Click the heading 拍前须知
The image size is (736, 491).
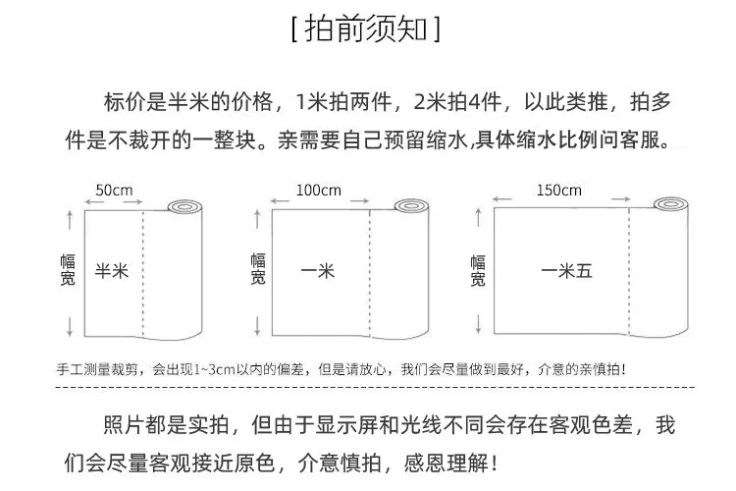pos(366,29)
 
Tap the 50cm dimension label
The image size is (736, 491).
pos(114,191)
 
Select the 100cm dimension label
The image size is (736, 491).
pos(318,191)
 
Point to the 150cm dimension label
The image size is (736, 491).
pos(559,191)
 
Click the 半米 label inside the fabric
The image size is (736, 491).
pos(112,271)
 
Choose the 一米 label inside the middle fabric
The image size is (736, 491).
pos(318,271)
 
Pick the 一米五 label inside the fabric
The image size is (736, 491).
pos(566,271)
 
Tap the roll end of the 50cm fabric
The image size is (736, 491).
pos(184,207)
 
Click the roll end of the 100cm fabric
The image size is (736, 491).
pos(411,206)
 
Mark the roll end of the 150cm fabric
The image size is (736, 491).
pos(671,204)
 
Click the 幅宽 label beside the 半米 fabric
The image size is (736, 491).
pos(68,270)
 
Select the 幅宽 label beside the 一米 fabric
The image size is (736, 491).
pos(258,269)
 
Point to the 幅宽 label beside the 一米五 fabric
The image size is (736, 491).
pos(478,271)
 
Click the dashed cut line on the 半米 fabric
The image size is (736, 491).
pos(142,273)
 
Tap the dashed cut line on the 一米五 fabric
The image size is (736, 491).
pos(628,271)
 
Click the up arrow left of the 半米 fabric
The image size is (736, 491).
pos(70,220)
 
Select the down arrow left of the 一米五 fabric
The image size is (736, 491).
pos(478,324)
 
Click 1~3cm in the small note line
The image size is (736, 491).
pos(214,370)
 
